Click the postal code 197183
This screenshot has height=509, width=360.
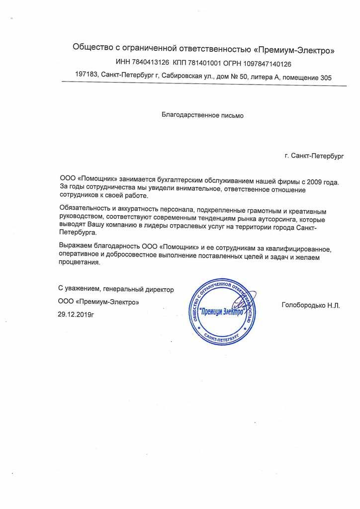click(86, 77)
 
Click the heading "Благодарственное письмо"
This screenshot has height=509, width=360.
click(203, 115)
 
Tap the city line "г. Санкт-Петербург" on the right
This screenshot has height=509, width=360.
click(314, 156)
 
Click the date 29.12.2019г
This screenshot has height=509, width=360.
click(76, 314)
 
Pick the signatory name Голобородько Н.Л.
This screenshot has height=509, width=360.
click(310, 305)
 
